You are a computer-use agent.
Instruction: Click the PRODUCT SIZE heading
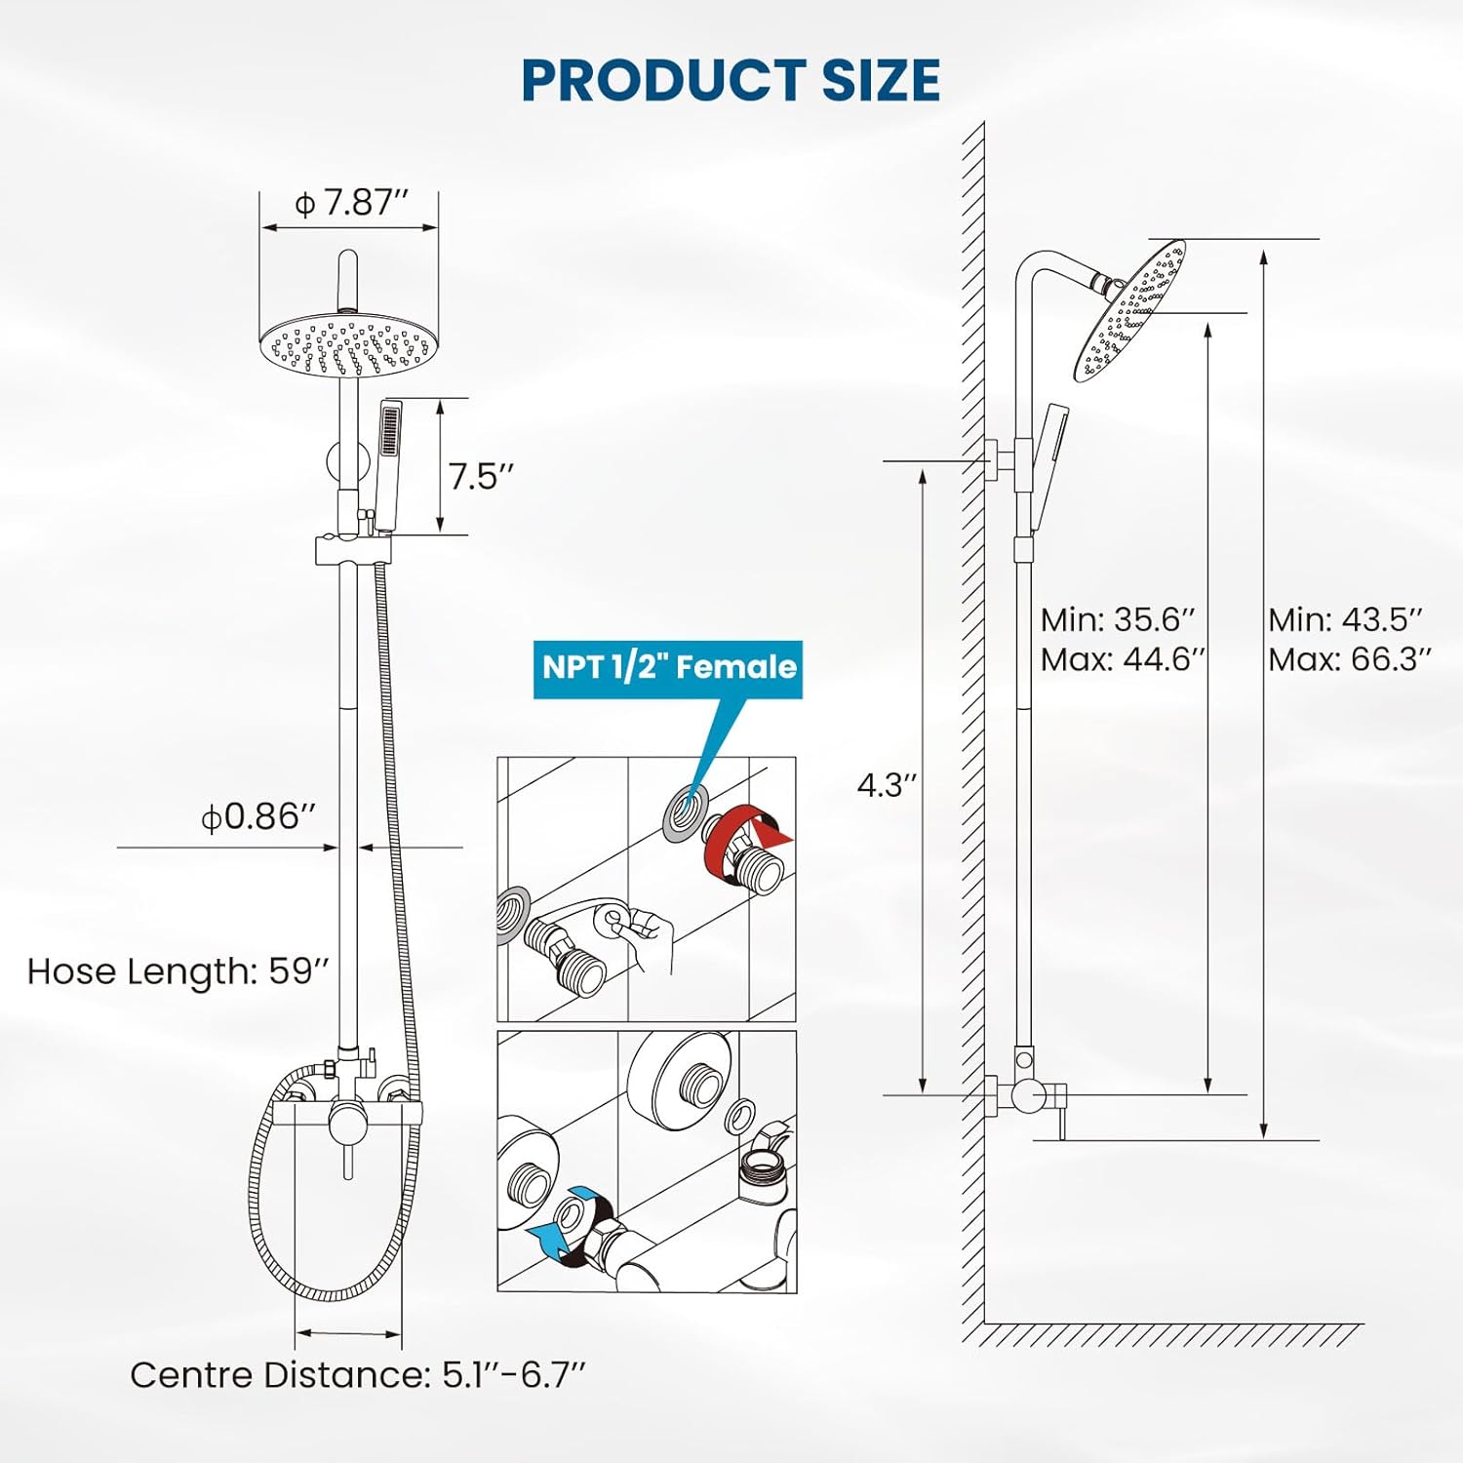pyautogui.click(x=731, y=80)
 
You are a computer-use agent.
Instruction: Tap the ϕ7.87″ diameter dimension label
pyautogui.click(x=350, y=203)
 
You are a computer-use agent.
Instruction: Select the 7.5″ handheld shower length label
pyautogui.click(x=480, y=477)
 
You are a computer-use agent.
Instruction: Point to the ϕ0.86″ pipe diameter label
pyautogui.click(x=257, y=816)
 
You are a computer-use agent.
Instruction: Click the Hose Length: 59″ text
pyautogui.click(x=178, y=971)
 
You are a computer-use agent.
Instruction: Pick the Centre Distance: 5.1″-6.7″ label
pyautogui.click(x=358, y=1375)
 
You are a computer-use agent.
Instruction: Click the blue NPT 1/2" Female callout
pyautogui.click(x=668, y=668)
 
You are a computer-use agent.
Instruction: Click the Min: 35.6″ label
pyautogui.click(x=1117, y=619)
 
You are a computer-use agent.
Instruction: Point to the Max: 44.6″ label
pyautogui.click(x=1123, y=660)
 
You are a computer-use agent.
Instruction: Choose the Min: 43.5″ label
pyautogui.click(x=1345, y=619)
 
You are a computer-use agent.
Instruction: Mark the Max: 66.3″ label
pyautogui.click(x=1349, y=660)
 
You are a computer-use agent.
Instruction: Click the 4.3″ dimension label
pyautogui.click(x=887, y=785)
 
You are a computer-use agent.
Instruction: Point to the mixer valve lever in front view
pyautogui.click(x=346, y=1151)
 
